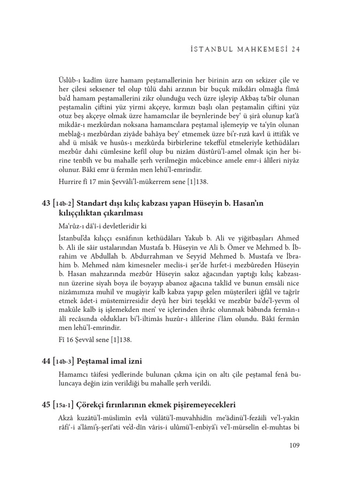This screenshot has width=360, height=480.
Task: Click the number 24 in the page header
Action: click(x=295, y=48)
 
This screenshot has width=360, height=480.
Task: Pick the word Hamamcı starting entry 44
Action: click(x=73, y=375)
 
